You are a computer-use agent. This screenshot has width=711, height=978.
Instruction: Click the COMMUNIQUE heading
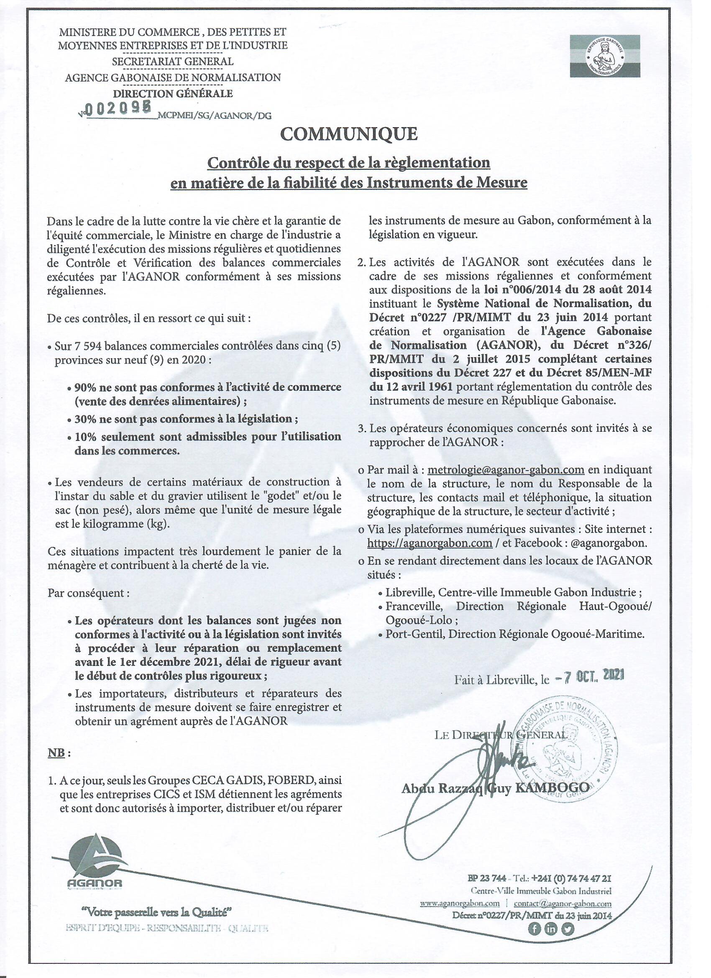point(349,134)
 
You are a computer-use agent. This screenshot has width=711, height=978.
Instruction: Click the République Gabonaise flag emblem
point(605,56)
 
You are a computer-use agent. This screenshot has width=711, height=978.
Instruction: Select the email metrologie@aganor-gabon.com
point(506,470)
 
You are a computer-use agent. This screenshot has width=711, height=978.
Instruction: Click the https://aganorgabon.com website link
point(430,543)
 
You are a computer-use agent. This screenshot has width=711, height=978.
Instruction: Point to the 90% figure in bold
point(85,387)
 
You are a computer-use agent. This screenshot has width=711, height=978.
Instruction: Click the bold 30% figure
point(85,419)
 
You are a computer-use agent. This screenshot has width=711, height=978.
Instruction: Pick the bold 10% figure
point(85,436)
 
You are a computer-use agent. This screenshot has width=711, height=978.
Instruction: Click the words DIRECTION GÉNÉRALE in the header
point(172,93)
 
